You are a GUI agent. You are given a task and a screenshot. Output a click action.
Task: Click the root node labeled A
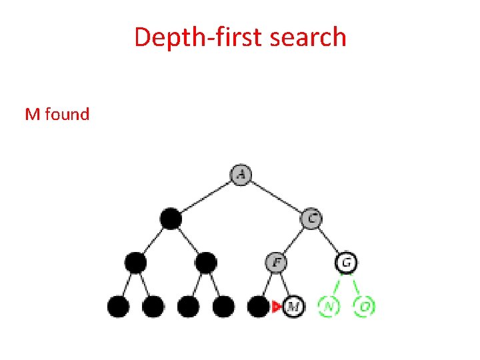point(241,175)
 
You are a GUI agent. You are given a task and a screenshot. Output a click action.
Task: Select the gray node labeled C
point(311,217)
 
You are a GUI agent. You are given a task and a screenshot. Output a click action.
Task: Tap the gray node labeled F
point(276,262)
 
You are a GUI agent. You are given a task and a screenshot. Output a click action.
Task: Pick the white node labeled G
point(346,262)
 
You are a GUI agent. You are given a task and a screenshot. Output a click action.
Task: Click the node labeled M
point(293,307)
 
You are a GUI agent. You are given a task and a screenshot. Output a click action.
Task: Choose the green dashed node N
point(329,307)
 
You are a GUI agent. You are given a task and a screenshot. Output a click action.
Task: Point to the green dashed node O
point(364,307)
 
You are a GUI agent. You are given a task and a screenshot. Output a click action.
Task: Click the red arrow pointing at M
point(277,307)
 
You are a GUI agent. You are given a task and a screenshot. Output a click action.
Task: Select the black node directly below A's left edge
point(171,218)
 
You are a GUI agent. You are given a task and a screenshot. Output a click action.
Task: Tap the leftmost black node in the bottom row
point(119,307)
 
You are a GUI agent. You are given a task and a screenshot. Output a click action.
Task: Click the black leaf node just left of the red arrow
point(258,307)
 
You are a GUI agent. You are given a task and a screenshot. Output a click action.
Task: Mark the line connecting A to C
point(276,196)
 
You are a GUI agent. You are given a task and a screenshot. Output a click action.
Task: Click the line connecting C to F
point(294,239)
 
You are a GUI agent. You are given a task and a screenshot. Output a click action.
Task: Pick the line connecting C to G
point(329,239)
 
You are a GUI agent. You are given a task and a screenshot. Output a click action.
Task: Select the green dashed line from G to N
point(337,285)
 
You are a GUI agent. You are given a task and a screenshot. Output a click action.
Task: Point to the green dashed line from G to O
point(355,285)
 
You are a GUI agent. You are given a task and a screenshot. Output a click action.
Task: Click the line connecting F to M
point(285,285)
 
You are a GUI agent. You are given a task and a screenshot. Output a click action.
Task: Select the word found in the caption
point(67,115)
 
